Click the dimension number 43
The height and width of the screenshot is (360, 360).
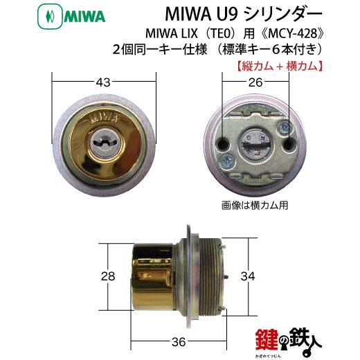pos(105,82)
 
